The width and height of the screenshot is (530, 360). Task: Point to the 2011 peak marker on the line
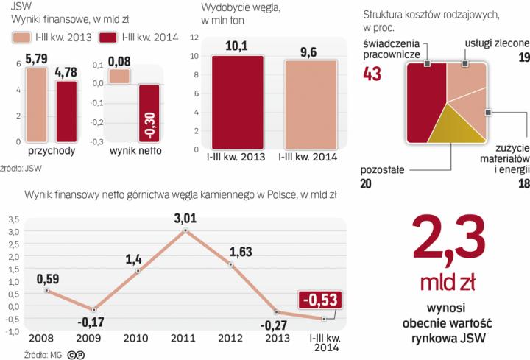[x=186, y=230]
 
